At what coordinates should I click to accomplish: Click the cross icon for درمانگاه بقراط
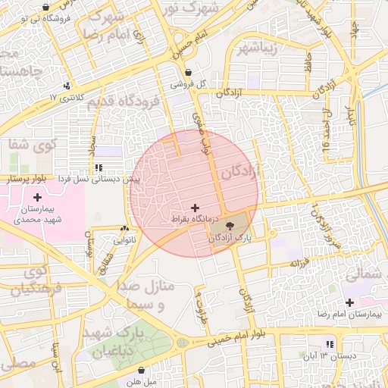tap(196, 207)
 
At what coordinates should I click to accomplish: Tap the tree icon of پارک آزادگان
tap(230, 225)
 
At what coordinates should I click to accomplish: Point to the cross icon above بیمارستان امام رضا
tap(349, 302)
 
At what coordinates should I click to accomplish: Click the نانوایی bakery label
tap(125, 239)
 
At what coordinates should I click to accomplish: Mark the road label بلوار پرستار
tap(27, 180)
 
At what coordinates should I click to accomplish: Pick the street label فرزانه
tap(297, 263)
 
